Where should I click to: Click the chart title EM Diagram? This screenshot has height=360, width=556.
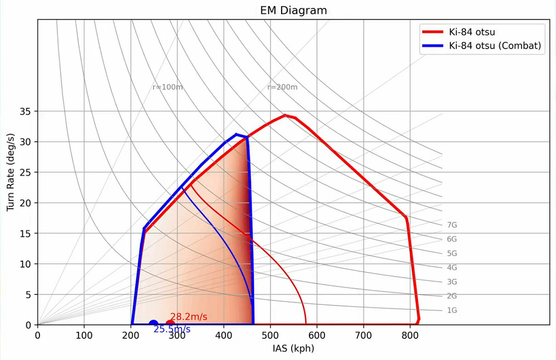(x=293, y=10)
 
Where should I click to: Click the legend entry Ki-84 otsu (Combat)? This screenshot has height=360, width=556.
(x=495, y=46)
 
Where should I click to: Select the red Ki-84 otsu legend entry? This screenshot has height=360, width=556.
(x=472, y=31)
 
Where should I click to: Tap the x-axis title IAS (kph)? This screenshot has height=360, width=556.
(x=293, y=348)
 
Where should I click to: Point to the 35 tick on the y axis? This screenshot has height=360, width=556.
(x=26, y=111)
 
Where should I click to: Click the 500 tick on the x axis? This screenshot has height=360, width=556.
(x=270, y=336)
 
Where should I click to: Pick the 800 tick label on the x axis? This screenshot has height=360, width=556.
(x=410, y=336)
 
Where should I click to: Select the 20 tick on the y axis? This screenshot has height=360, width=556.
(x=26, y=203)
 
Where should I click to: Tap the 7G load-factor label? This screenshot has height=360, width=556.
(x=451, y=225)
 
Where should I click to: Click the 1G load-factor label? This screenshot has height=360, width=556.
(x=451, y=310)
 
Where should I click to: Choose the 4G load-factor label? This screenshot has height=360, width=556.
(x=451, y=268)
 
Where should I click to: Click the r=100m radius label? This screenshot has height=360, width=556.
(x=168, y=87)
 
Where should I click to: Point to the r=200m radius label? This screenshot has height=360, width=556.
(x=282, y=87)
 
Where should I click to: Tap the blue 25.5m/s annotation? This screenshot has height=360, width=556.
(x=172, y=329)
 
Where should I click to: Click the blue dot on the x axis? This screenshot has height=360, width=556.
(x=153, y=324)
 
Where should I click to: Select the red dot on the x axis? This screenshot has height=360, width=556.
(x=170, y=324)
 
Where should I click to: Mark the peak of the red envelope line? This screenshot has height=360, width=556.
(x=285, y=115)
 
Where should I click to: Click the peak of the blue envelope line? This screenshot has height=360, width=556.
(x=237, y=134)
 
